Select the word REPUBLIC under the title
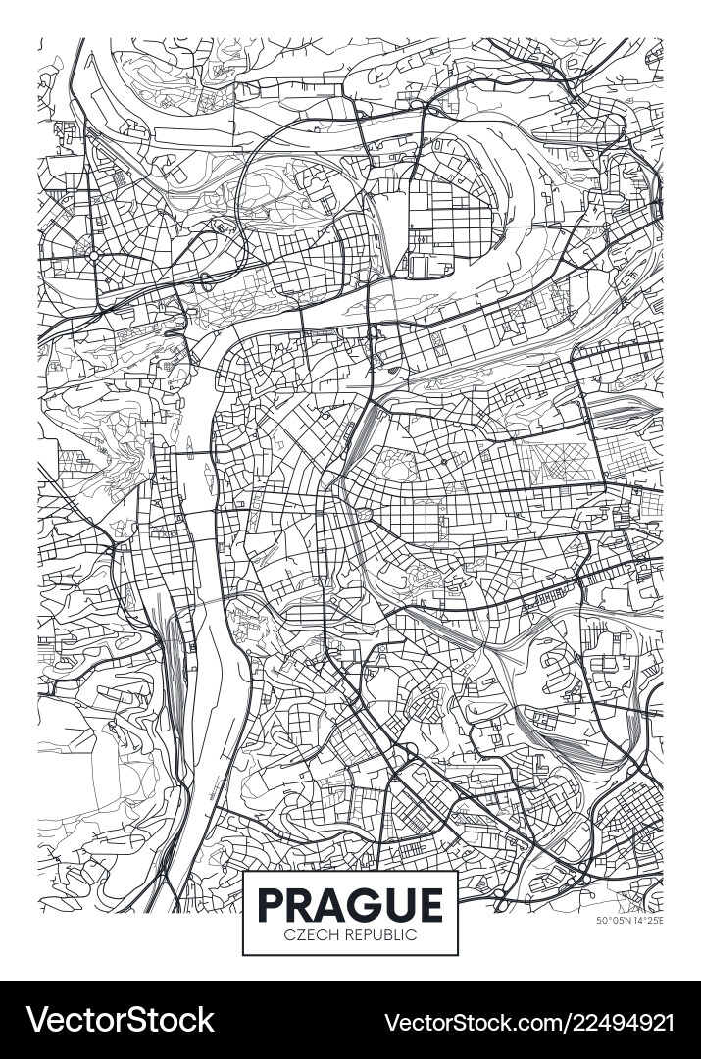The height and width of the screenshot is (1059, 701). point(377,934)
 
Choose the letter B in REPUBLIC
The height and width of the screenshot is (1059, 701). point(386,934)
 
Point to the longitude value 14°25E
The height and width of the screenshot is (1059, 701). point(646,920)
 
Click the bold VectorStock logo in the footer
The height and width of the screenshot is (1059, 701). point(118,1020)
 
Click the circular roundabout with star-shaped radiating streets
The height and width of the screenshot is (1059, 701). point(95,255)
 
